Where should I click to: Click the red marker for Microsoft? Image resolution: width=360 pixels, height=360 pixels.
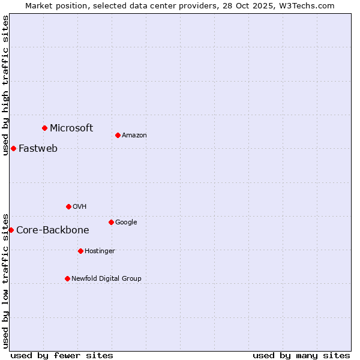(x=44, y=128)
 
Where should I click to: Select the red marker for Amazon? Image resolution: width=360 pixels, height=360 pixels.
(x=118, y=135)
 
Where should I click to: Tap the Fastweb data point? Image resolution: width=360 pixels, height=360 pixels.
(x=13, y=148)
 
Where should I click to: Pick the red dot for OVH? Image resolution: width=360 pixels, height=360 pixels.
(x=68, y=206)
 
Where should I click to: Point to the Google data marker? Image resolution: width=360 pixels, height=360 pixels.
(x=111, y=222)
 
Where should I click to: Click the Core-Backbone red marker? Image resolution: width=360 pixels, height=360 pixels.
(x=11, y=230)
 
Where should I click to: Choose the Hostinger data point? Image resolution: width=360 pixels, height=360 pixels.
(x=80, y=251)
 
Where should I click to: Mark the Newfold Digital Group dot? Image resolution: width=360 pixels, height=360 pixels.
(x=67, y=278)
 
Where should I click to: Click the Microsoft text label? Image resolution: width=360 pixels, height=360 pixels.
(x=71, y=128)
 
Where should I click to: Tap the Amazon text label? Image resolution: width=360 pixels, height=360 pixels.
(x=134, y=136)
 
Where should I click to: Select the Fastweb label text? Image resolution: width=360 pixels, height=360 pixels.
(x=38, y=148)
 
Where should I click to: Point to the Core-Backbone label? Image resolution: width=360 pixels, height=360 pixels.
(x=53, y=230)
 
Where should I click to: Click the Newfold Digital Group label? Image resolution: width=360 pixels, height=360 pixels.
(x=106, y=278)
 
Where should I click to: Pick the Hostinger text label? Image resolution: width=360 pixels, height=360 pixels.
(x=100, y=251)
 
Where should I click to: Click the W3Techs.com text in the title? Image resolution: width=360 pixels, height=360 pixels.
(x=305, y=5)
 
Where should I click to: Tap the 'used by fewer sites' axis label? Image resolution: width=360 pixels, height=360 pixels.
(x=62, y=355)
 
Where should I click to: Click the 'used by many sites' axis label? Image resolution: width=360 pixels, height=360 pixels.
(x=301, y=355)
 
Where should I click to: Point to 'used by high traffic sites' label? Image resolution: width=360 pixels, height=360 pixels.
(x=5, y=85)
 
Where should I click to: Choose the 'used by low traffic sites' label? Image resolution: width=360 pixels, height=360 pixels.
(x=5, y=280)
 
